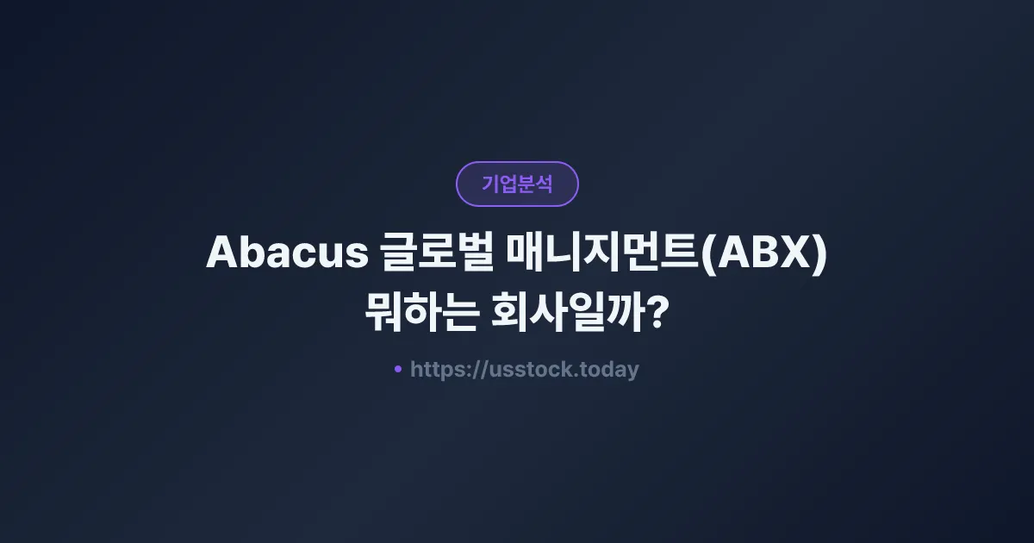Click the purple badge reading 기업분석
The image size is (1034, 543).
[x=517, y=184]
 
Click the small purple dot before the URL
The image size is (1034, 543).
[x=398, y=369]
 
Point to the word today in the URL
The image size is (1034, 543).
[x=609, y=370]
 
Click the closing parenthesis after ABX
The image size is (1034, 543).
[x=819, y=253]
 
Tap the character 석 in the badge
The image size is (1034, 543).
[x=544, y=184]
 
